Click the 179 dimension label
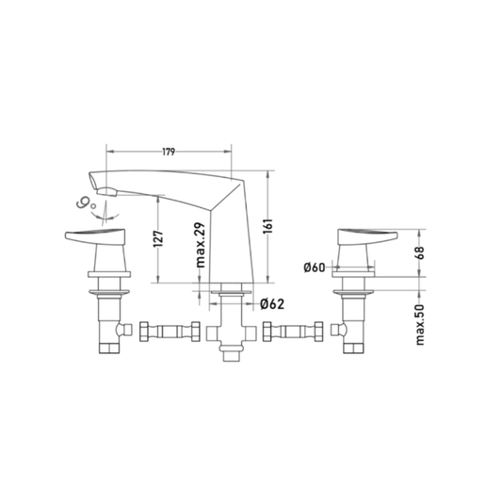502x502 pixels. [x=169, y=152]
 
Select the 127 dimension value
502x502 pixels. [x=158, y=238]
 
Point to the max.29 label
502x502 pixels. [x=200, y=245]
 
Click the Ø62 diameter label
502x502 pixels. [x=272, y=304]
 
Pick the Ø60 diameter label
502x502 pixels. [x=314, y=267]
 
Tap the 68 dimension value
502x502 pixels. [x=420, y=253]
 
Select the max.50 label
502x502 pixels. [x=420, y=325]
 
